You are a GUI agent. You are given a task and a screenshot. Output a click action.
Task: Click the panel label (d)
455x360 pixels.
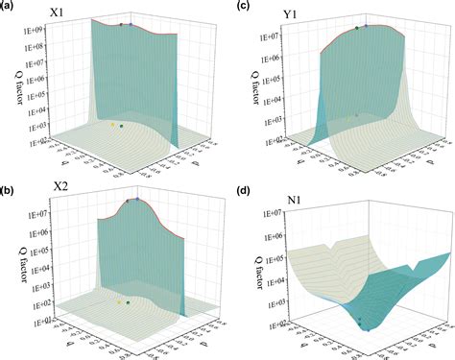243,189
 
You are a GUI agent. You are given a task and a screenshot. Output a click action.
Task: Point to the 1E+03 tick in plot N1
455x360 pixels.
267,305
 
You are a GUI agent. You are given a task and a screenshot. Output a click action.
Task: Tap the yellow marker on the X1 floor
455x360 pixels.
112,124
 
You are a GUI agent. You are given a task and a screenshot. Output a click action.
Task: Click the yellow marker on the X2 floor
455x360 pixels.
119,300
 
